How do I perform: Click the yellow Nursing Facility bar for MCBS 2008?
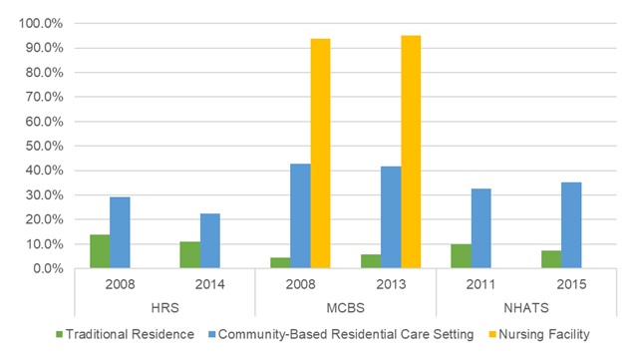coord(320,154)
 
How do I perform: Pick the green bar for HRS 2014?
coord(189,254)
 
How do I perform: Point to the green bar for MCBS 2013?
coord(370,261)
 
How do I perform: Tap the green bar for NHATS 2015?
coord(550,259)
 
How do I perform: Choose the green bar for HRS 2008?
coord(99,251)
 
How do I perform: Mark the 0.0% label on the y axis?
coord(46,268)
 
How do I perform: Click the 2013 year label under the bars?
coord(390,285)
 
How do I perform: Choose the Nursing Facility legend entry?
coord(540,333)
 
